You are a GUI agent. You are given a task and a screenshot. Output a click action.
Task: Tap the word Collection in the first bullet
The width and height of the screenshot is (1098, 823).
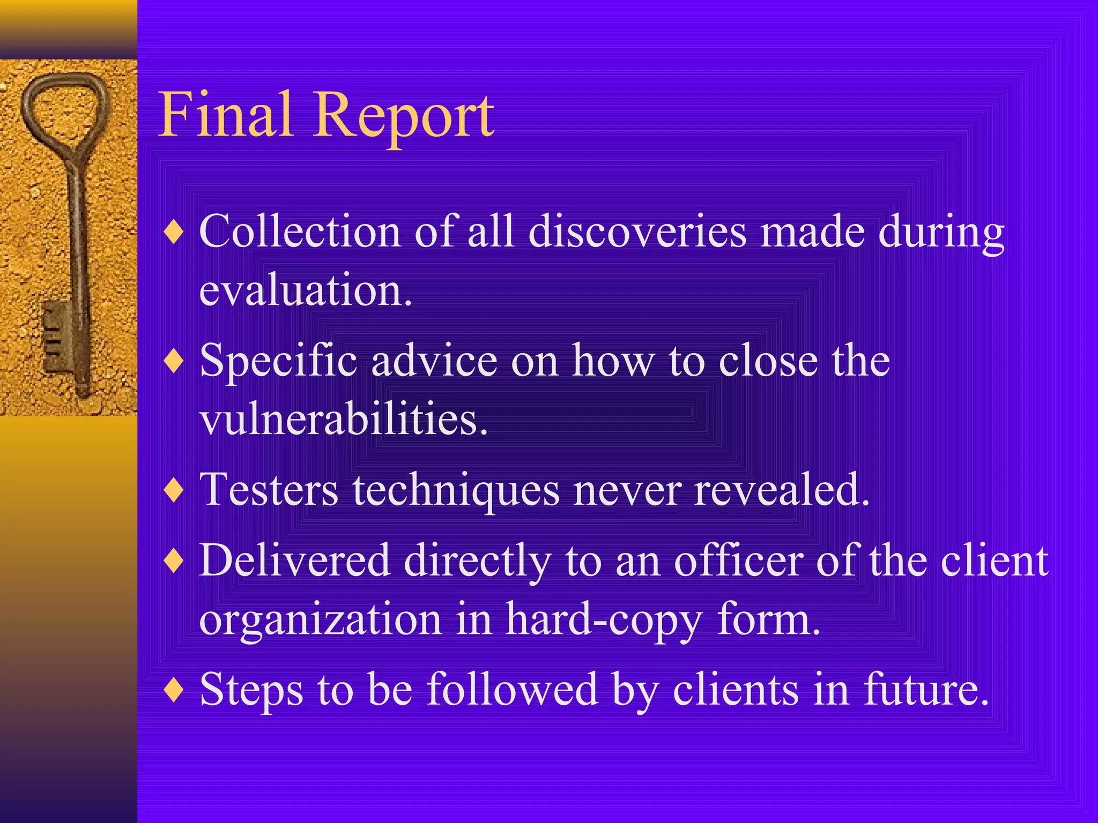point(300,231)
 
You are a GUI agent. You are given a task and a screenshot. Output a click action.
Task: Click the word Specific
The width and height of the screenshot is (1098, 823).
point(278,361)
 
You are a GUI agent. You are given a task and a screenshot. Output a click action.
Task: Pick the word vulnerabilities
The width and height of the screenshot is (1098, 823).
point(343,419)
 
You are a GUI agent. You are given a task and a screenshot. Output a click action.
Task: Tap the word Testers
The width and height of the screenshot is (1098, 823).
point(269,489)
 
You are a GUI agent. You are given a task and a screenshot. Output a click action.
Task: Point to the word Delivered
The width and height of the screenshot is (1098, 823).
point(294,560)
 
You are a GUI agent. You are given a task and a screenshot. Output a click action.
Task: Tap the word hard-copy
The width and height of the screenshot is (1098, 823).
point(604,620)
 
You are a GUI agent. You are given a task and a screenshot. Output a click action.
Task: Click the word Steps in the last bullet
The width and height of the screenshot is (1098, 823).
point(251,690)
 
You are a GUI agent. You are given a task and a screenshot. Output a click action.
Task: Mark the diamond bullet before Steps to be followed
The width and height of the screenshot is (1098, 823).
point(174,690)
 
